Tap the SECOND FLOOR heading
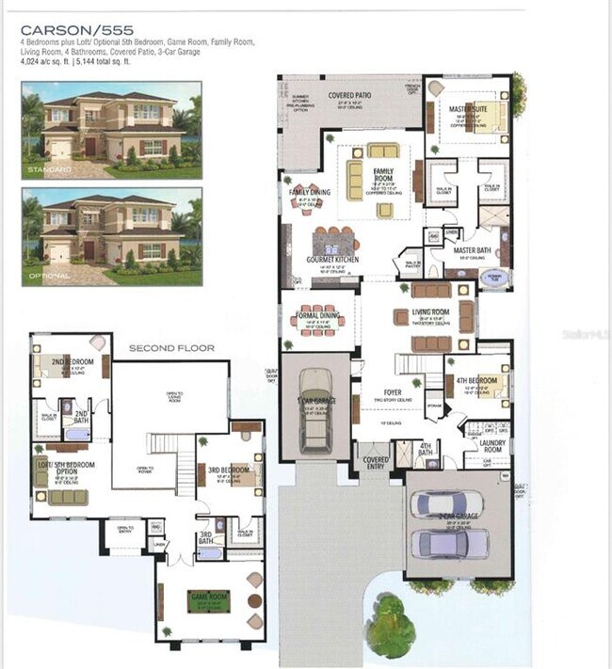click(171, 348)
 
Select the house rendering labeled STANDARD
click(111, 130)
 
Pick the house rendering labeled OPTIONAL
click(111, 236)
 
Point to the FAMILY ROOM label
click(382, 174)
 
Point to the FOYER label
click(394, 391)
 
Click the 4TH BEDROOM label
click(476, 380)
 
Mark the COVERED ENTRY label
click(376, 463)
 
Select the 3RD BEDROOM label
click(229, 470)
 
